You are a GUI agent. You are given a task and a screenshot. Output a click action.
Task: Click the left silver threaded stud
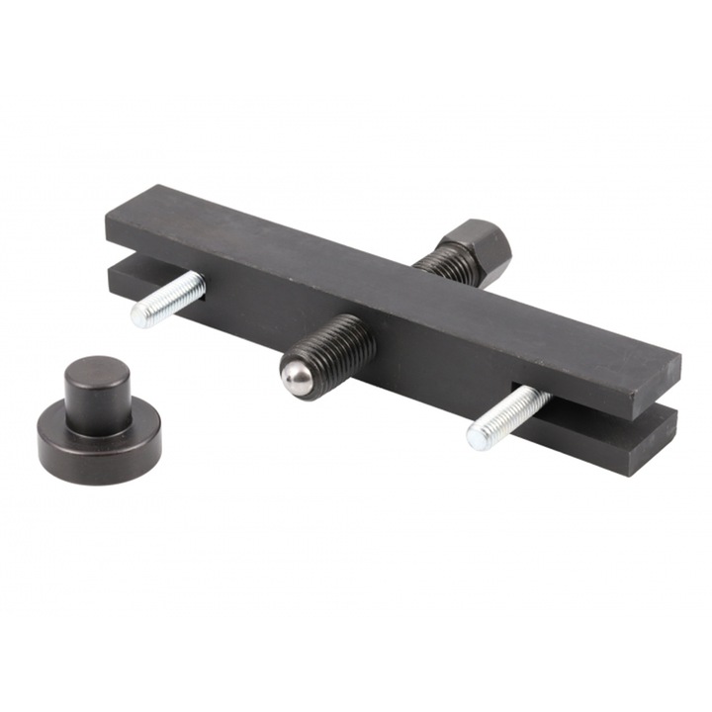(170, 300)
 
